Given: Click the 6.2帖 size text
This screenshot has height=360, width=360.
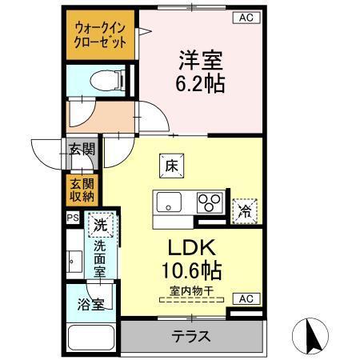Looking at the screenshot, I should (200, 82).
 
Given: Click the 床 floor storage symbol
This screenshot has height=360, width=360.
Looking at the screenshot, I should (171, 166).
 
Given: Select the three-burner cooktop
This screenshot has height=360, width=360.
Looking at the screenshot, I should (210, 202).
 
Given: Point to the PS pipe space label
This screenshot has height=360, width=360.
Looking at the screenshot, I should (72, 217).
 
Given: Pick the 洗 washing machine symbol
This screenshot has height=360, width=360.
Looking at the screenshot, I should (100, 226).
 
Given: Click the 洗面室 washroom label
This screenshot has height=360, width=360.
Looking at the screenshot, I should (100, 259).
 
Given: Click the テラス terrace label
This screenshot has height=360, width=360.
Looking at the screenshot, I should (192, 337).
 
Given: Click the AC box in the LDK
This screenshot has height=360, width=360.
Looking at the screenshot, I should (246, 299).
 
